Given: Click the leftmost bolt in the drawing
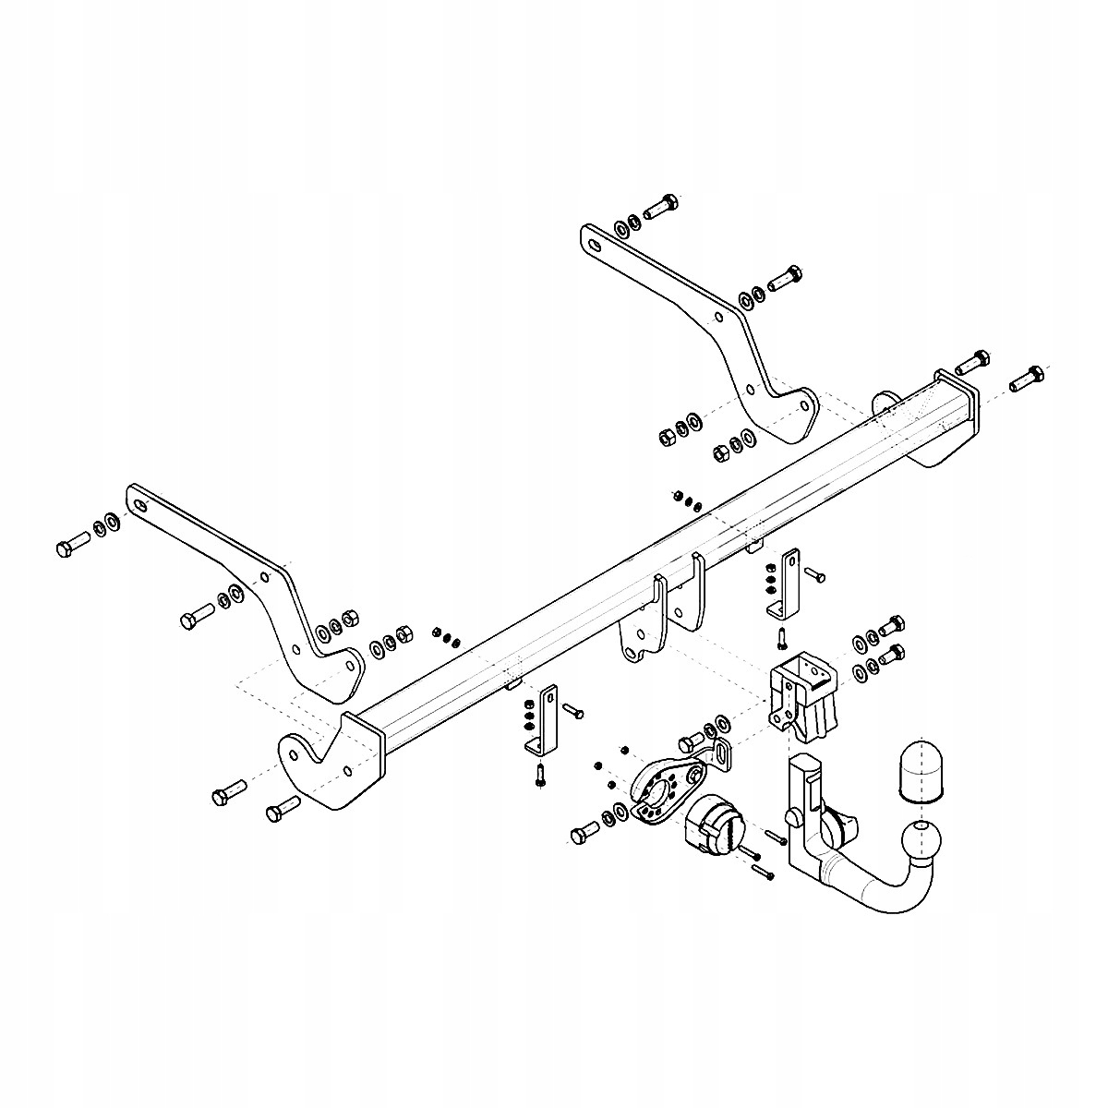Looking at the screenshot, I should coord(68,547).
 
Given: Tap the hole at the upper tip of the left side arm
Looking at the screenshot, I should coord(140,505).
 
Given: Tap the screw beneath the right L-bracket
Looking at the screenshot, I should coord(781,637).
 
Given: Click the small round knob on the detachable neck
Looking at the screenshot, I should coord(792,817).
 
